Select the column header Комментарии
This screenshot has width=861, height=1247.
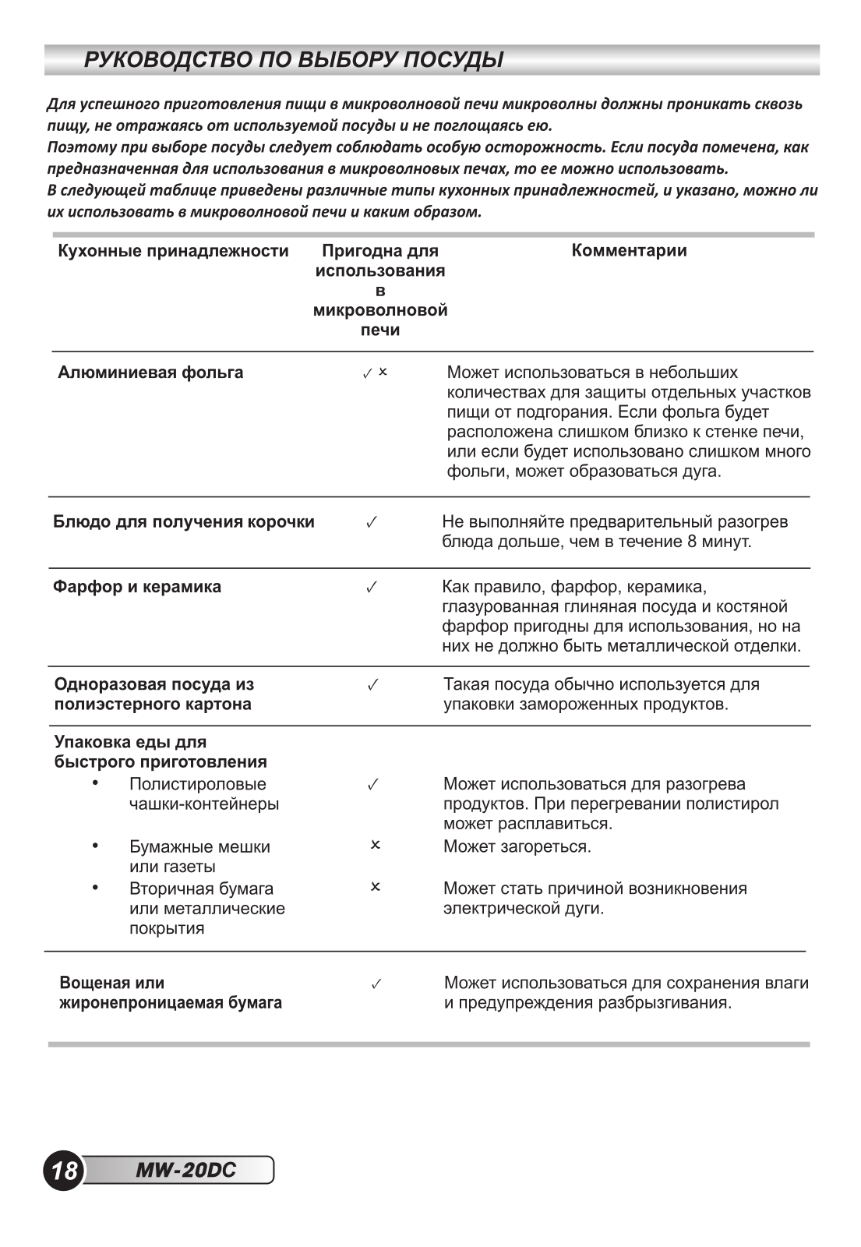pos(629,250)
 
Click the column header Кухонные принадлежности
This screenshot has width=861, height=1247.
pos(173,251)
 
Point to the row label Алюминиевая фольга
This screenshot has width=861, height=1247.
pos(150,373)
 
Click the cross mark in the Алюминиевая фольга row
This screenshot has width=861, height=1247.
pos(383,372)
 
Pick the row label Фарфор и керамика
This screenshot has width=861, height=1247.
pos(137,587)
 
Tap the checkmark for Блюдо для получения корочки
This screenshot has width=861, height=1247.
pos(372,523)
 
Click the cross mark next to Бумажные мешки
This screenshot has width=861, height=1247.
pos(375,845)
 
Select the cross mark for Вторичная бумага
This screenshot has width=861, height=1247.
pos(375,887)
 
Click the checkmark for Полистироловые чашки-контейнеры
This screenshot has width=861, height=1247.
pos(372,784)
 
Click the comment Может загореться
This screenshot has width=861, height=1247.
pos(517,846)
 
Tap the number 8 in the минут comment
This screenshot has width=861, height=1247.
pos(692,542)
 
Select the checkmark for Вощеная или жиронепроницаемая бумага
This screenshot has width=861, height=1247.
pos(376,984)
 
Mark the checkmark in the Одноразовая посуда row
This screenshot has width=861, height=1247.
pos(372,684)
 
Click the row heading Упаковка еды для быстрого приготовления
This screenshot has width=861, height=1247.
pos(160,751)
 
